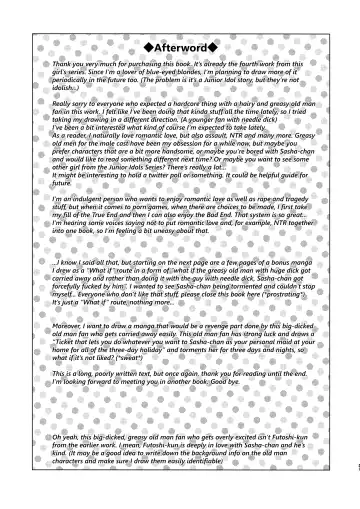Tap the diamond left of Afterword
coord(148,46)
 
